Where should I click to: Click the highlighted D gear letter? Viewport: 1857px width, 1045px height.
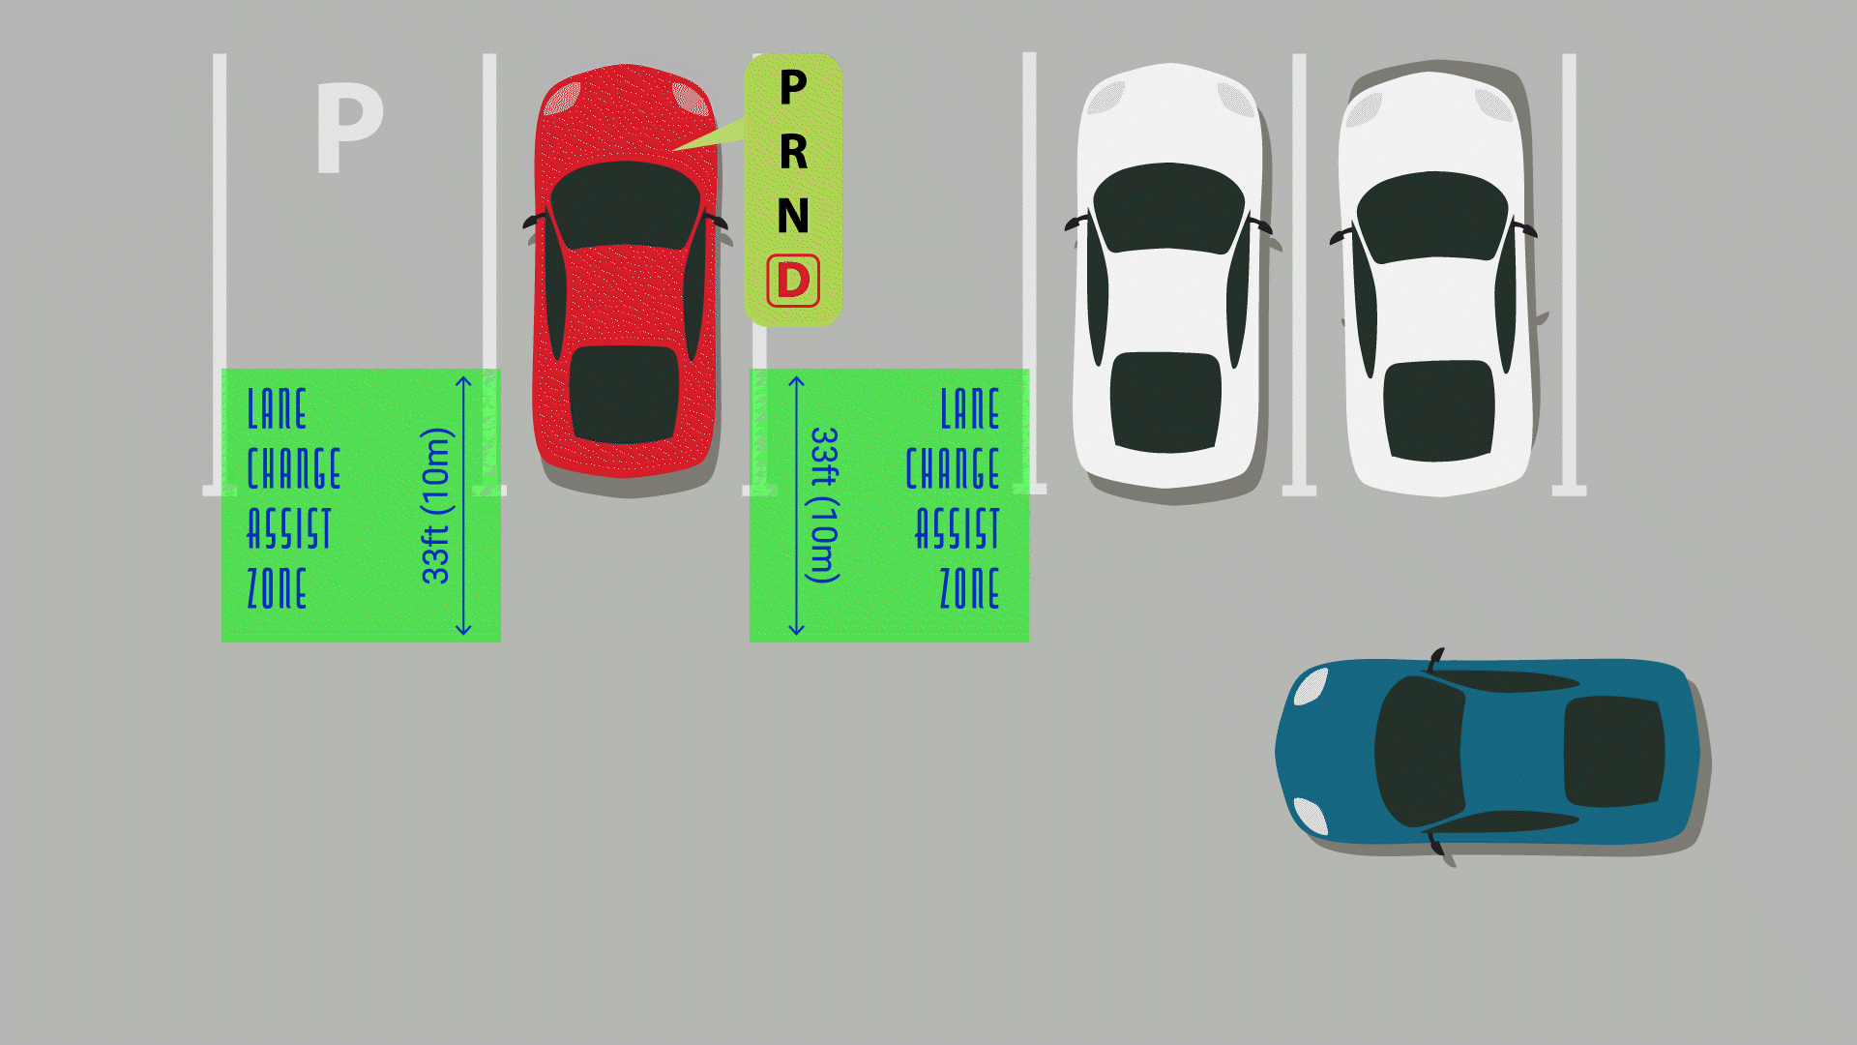coord(793,281)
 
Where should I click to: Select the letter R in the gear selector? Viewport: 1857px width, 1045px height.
coord(793,152)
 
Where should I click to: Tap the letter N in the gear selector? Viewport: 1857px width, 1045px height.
coord(793,216)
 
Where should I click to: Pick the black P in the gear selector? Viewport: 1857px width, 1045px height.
coord(793,88)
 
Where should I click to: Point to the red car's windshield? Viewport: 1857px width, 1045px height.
coord(625,204)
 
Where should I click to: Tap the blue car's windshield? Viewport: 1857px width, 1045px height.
coord(1418,751)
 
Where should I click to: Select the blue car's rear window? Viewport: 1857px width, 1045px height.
coord(1612,751)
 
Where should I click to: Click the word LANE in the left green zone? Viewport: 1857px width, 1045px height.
coord(278,409)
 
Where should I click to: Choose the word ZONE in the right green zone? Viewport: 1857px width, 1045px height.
coord(969,588)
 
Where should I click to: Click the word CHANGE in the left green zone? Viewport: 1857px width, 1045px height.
coord(294,469)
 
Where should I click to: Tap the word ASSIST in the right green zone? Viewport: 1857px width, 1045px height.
coord(958,529)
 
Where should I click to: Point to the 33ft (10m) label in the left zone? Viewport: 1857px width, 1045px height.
coord(436,505)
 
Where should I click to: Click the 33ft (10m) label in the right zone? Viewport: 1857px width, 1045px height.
coord(823,505)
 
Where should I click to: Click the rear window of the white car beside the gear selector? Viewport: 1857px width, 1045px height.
coord(1166,402)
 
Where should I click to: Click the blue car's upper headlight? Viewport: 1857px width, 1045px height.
coord(1312,687)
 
